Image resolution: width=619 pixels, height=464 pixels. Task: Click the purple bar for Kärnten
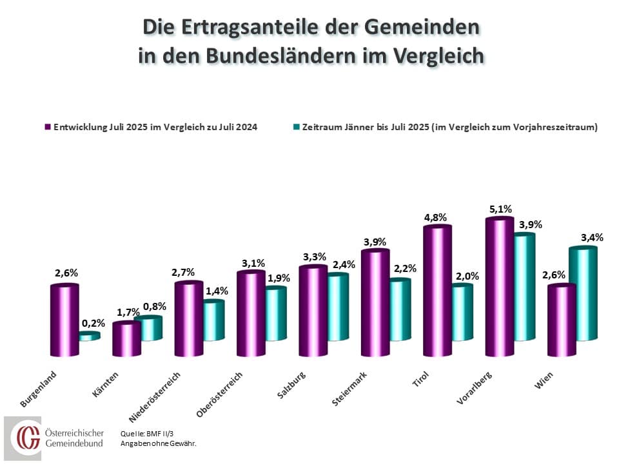[x=126, y=339]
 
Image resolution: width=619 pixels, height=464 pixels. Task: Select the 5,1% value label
[x=500, y=209]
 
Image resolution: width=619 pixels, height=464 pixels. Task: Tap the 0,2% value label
[x=89, y=322]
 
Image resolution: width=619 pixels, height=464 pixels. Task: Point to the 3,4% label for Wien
[x=591, y=237]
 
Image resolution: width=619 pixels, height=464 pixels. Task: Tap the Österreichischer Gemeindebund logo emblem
[x=28, y=438]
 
